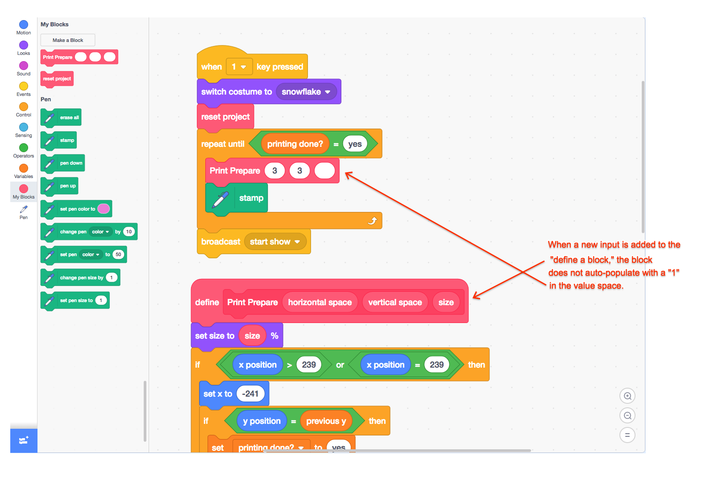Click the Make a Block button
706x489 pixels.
coord(68,40)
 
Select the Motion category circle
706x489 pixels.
coord(24,25)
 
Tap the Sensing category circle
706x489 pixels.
coord(24,127)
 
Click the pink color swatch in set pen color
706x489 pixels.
coord(104,209)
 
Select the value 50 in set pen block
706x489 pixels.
coord(118,255)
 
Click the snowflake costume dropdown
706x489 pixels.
coord(306,92)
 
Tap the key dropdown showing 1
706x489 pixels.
coord(239,67)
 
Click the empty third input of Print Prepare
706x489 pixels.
coord(324,171)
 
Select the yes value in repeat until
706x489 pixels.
coord(355,144)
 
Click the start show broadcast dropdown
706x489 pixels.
coord(275,242)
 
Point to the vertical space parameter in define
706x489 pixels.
coord(395,303)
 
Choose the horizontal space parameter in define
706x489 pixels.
coord(320,303)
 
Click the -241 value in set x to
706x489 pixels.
coord(250,394)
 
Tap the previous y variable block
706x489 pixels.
coord(326,421)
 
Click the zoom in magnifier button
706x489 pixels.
coord(627,396)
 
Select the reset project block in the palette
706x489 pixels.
coord(57,79)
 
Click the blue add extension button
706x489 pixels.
coord(24,441)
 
